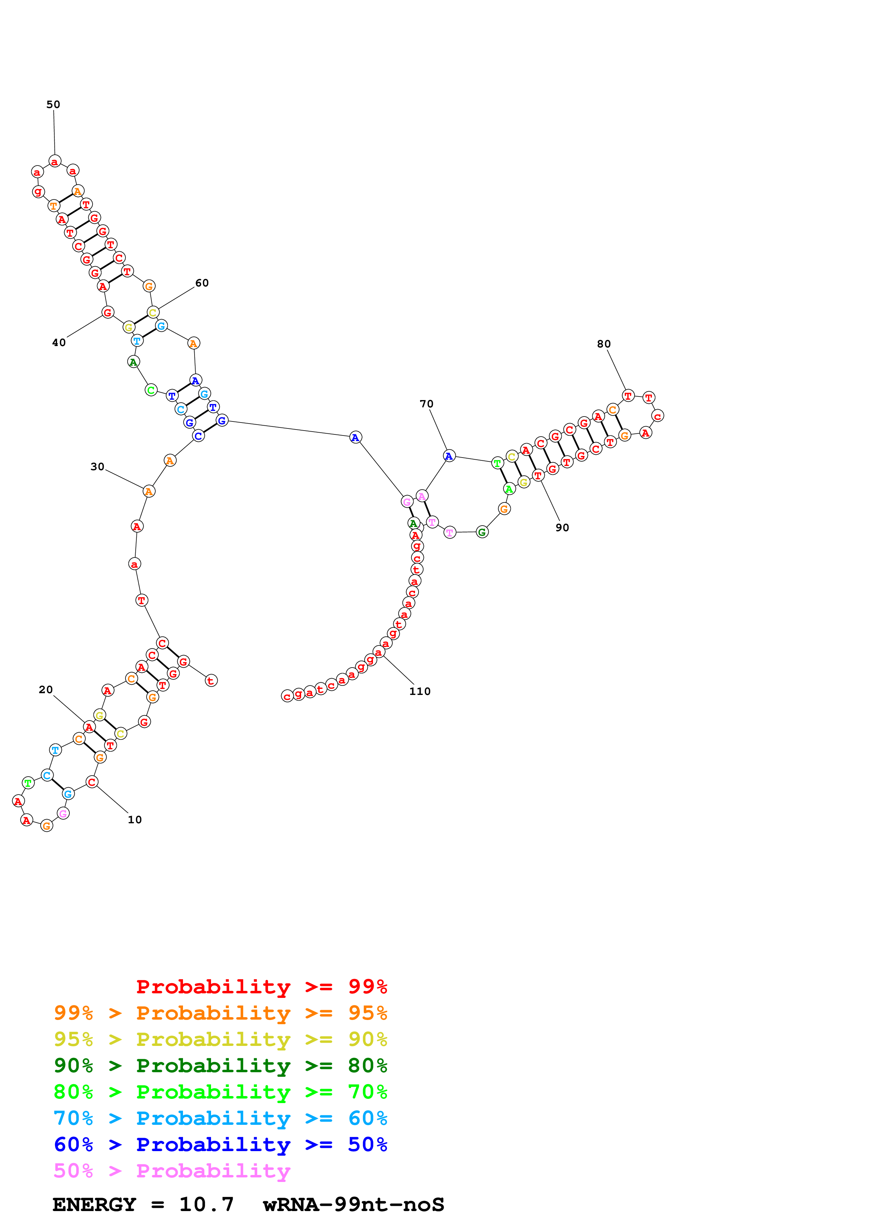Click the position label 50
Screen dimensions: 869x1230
[x=53, y=104]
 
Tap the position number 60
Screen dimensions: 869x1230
[x=202, y=283]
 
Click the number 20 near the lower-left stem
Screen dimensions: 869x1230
[x=46, y=689]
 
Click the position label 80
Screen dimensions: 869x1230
[x=604, y=344]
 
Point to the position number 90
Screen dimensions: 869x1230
[x=562, y=528]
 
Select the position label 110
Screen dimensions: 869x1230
[x=420, y=691]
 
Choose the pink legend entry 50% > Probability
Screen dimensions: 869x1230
[x=172, y=1170]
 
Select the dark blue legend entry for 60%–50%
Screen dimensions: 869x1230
[x=220, y=1144]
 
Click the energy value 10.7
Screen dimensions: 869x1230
[x=207, y=1205]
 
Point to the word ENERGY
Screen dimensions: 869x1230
[x=94, y=1205]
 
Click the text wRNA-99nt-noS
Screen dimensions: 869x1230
[x=353, y=1205]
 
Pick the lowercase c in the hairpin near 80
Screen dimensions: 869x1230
[x=658, y=416]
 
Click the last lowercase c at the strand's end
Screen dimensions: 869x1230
[x=287, y=696]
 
